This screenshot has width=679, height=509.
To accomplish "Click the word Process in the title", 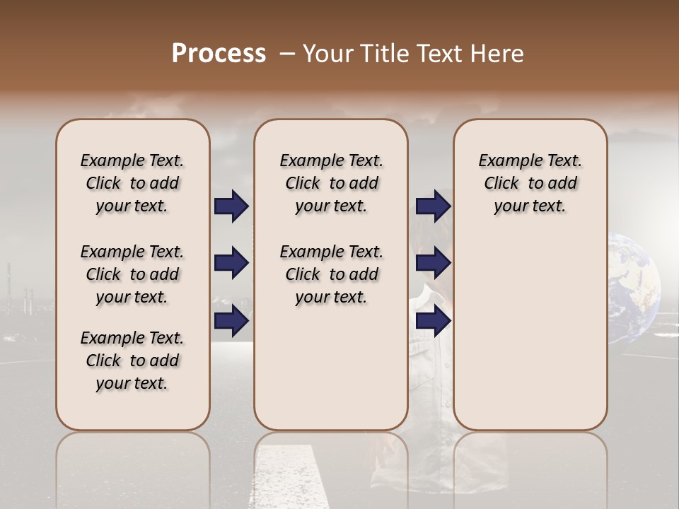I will click(x=219, y=54).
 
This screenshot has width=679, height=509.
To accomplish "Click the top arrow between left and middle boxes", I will click(x=231, y=206).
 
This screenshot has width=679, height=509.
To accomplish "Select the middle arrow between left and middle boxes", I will click(x=231, y=264).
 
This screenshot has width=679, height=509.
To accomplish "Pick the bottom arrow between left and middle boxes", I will click(x=231, y=321).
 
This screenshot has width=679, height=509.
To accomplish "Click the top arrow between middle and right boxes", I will click(x=433, y=206).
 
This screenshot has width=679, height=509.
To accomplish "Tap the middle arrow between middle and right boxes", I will click(x=433, y=264).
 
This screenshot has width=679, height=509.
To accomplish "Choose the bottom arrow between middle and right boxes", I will click(x=433, y=321).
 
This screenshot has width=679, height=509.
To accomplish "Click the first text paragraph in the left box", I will click(x=132, y=183).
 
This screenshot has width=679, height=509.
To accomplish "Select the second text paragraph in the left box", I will click(x=132, y=274).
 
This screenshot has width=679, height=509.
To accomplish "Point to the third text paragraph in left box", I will click(x=132, y=361).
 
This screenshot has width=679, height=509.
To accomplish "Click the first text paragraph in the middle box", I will click(x=331, y=183).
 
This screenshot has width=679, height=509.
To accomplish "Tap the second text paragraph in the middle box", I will click(x=331, y=274).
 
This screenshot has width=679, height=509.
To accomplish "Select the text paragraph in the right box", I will click(x=530, y=183).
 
